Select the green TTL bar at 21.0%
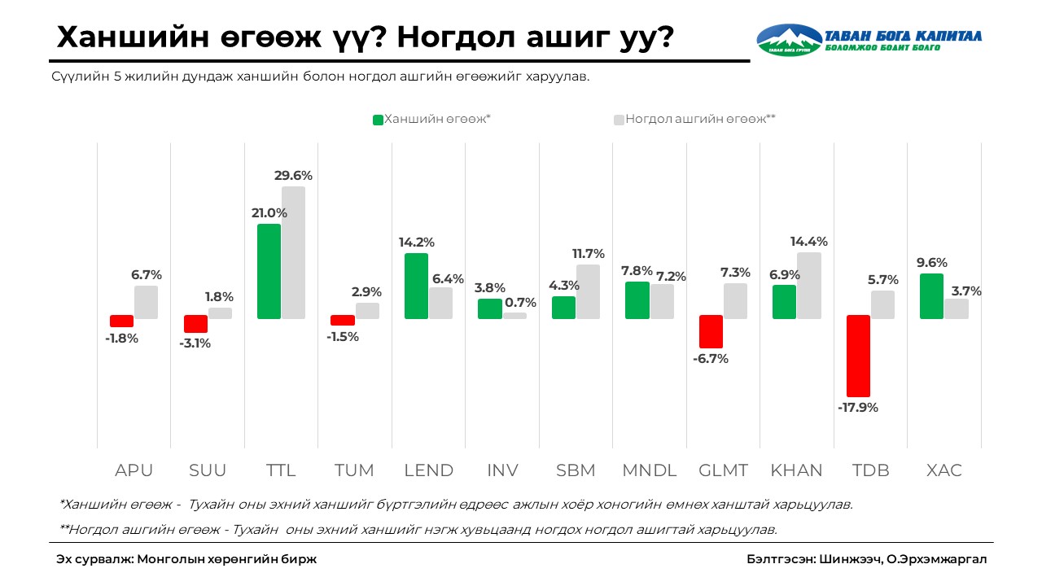[269, 271]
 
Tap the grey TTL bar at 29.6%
[293, 252]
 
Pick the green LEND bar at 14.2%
[416, 286]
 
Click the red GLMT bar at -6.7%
[711, 331]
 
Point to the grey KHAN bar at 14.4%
[809, 285]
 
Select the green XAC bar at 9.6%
[931, 296]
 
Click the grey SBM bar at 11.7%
[588, 291]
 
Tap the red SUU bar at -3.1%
[195, 323]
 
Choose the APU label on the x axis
[134, 470]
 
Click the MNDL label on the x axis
[649, 470]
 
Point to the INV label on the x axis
[502, 470]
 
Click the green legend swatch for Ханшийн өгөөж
[378, 120]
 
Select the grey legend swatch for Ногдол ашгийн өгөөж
[619, 120]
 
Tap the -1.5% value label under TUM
[343, 336]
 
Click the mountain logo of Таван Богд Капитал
[789, 39]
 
